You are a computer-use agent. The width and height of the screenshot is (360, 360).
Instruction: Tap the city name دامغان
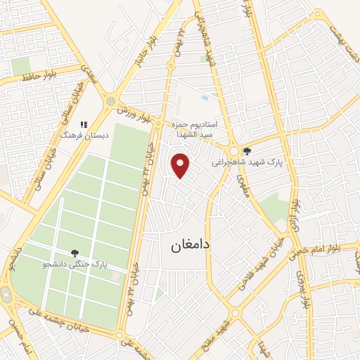click(x=189, y=247)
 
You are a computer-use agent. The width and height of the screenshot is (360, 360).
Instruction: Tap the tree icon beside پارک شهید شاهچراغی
click(x=246, y=150)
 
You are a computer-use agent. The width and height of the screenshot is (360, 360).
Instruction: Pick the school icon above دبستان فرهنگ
click(x=84, y=124)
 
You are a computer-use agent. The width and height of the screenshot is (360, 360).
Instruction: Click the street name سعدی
click(x=87, y=72)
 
